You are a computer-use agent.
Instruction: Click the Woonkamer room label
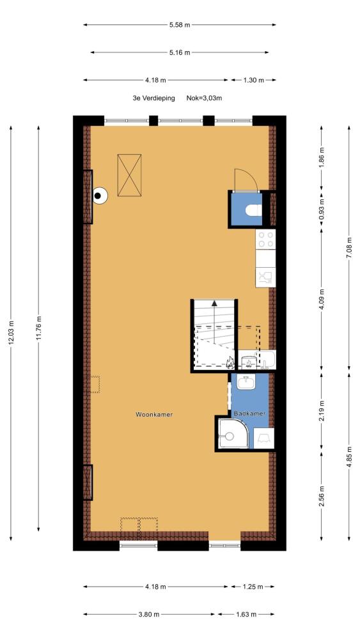tap(154, 415)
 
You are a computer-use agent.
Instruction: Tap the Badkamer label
tap(249, 413)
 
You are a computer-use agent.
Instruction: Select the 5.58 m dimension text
tap(180, 25)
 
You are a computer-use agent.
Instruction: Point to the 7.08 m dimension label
tap(349, 247)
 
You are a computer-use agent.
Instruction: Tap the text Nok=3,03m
tap(204, 98)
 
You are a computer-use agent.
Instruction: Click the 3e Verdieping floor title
tap(153, 98)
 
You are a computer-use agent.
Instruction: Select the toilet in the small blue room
tap(254, 210)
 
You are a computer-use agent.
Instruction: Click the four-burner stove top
tap(265, 239)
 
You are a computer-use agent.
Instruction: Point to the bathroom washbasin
tap(246, 383)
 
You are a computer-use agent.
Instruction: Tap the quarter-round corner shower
tap(233, 434)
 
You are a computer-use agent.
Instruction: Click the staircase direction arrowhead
tap(214, 303)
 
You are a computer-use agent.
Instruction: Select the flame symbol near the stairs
tap(230, 362)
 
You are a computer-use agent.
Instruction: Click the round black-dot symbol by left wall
tap(98, 196)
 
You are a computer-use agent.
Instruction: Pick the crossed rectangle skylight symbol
tap(129, 175)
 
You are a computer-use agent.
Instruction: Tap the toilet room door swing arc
tap(249, 174)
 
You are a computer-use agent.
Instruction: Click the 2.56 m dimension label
tap(321, 497)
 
